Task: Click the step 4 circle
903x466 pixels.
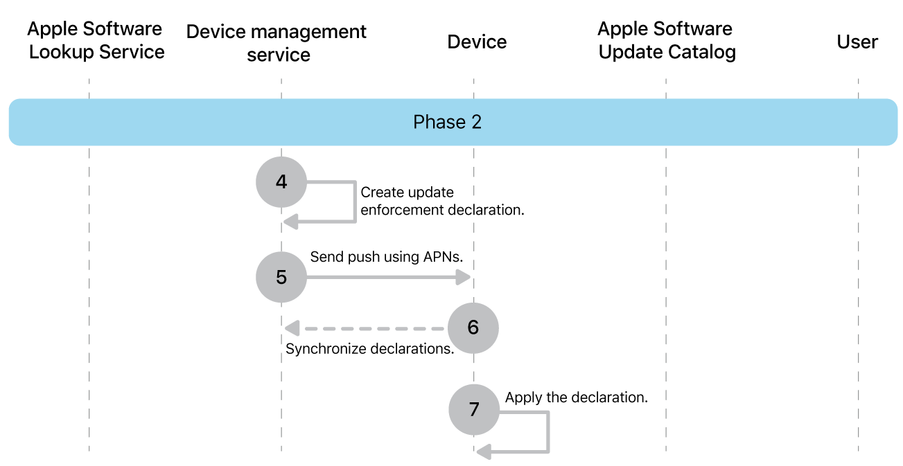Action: pos(281,182)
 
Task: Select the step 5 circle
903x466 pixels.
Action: pos(281,277)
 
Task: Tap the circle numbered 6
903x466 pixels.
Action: pos(473,327)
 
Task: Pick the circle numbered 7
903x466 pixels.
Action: pos(473,409)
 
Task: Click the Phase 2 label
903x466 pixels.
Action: pos(447,123)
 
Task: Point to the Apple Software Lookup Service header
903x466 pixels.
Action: pos(96,40)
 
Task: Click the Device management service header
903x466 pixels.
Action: pos(277,43)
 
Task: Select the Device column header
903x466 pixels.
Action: pos(477,42)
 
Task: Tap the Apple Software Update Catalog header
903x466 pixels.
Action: pos(666,40)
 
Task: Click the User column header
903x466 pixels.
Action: pos(857,42)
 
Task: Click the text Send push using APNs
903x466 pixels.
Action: pos(386,257)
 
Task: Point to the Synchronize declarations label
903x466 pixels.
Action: pos(369,348)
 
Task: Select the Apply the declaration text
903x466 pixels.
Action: pos(576,397)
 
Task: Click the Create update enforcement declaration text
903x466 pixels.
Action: pos(441,201)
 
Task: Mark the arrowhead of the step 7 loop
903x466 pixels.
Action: pos(484,452)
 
